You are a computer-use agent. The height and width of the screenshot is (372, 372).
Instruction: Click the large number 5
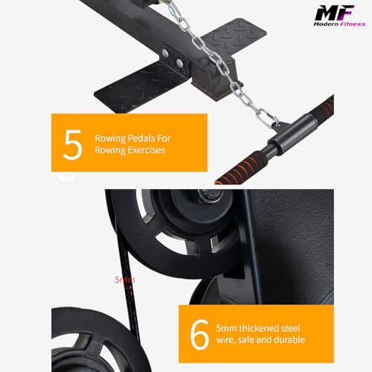tap(72, 144)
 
